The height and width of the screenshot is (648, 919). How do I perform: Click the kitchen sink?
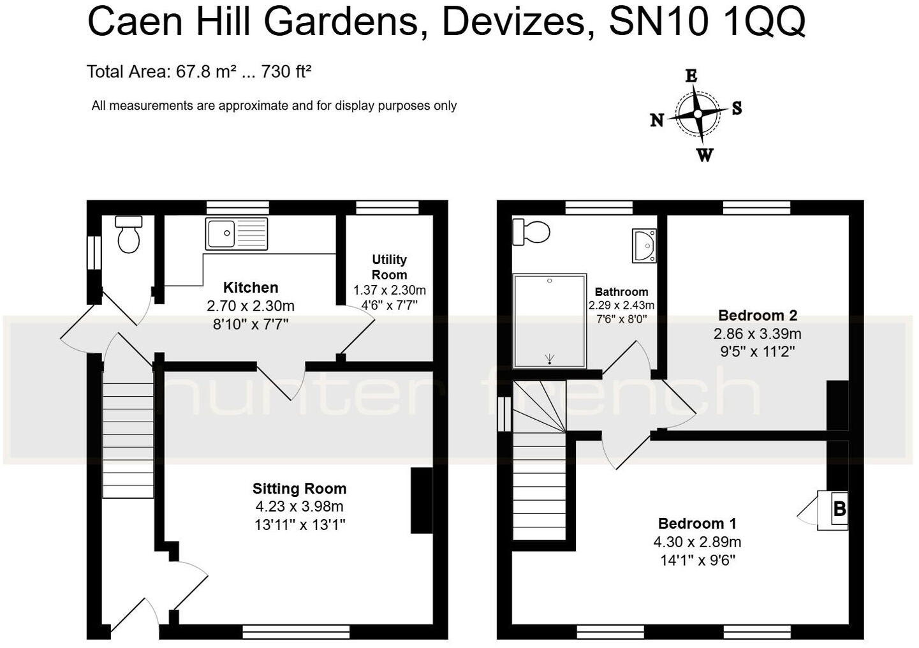point(237,233)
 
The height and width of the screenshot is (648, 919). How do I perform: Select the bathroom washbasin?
point(644,246)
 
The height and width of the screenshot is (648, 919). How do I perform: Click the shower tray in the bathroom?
point(550,321)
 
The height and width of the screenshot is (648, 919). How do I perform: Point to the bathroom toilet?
point(532,232)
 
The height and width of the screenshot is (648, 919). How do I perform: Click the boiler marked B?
point(839,509)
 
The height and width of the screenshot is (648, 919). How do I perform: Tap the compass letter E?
point(691,76)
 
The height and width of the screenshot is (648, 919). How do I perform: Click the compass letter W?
point(705,155)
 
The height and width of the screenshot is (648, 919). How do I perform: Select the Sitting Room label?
point(299,489)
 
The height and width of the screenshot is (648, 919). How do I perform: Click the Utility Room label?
point(389,267)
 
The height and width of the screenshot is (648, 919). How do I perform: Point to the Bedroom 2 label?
point(757,315)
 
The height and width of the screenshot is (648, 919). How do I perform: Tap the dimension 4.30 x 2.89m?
point(697,542)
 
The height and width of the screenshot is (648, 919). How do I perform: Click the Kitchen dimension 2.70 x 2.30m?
point(251,306)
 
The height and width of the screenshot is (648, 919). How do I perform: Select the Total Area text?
point(198,71)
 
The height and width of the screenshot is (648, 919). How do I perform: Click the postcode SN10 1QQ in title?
point(707,22)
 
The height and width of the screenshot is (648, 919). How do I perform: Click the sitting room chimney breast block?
point(421,500)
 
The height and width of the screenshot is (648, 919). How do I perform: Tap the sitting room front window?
point(296,631)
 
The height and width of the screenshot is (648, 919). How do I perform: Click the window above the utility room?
point(387,207)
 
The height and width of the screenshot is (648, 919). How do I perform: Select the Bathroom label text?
point(621,292)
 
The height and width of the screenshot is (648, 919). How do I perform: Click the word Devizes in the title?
point(512,22)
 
